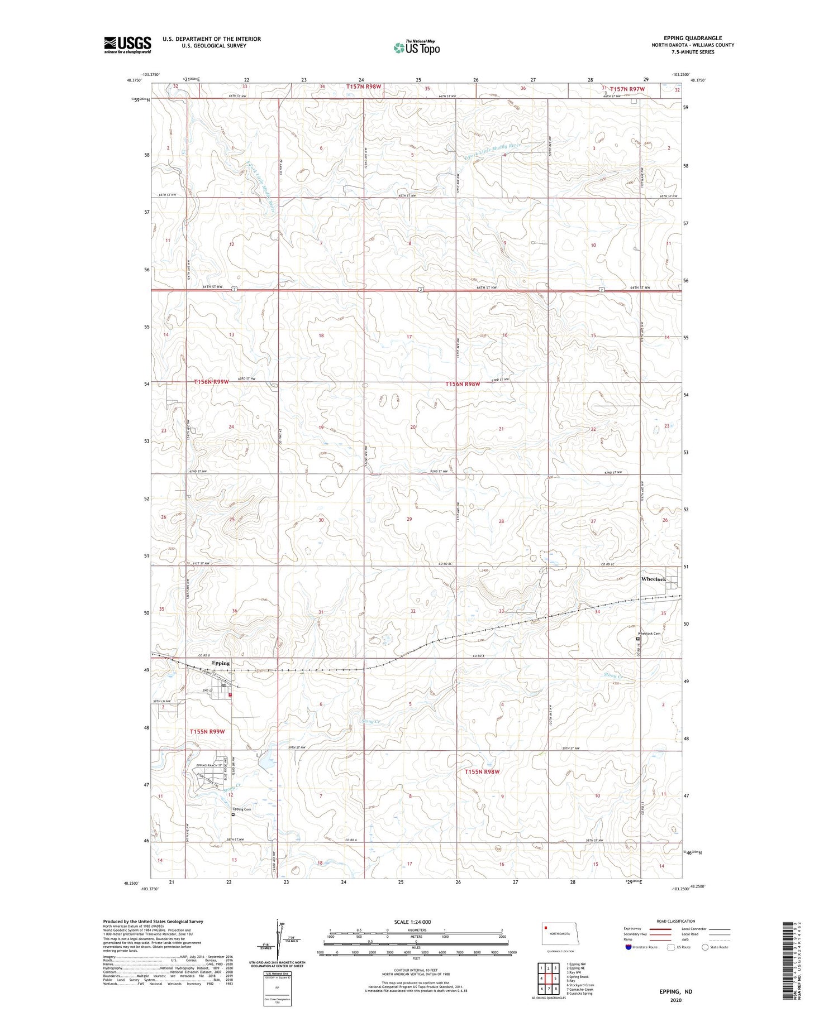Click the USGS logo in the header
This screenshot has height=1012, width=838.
pyautogui.click(x=127, y=45)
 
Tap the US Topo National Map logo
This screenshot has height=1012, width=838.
pyautogui.click(x=416, y=48)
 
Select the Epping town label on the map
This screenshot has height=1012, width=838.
pyautogui.click(x=221, y=663)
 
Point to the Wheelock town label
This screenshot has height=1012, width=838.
pyautogui.click(x=653, y=579)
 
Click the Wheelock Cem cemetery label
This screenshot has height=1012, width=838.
pyautogui.click(x=649, y=634)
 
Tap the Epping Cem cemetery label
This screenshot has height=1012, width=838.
pyautogui.click(x=242, y=809)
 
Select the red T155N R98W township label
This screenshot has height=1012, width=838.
pyautogui.click(x=482, y=772)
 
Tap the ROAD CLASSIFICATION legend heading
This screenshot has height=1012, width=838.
pyautogui.click(x=675, y=921)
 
